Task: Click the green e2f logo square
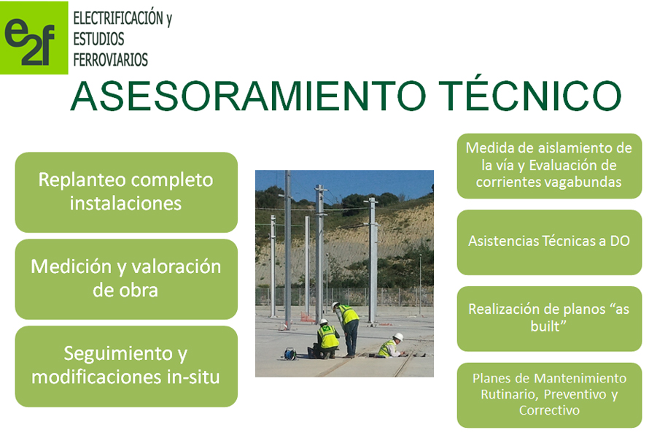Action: [x=34, y=38]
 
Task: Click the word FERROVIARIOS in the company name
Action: [x=111, y=60]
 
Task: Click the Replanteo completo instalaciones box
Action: [x=126, y=192]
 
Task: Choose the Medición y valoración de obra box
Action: [x=126, y=279]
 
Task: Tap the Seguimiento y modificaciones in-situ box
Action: [x=126, y=366]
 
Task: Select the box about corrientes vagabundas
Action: [x=549, y=166]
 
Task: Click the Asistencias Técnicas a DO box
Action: [x=549, y=242]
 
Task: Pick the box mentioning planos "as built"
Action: [x=549, y=319]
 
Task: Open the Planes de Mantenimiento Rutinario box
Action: [x=549, y=395]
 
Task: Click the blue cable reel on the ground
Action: [x=290, y=354]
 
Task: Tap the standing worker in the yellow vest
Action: [x=347, y=329]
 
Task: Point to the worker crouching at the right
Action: [x=391, y=345]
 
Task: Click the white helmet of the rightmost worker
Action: [x=398, y=337]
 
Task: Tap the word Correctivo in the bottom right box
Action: [x=549, y=410]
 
